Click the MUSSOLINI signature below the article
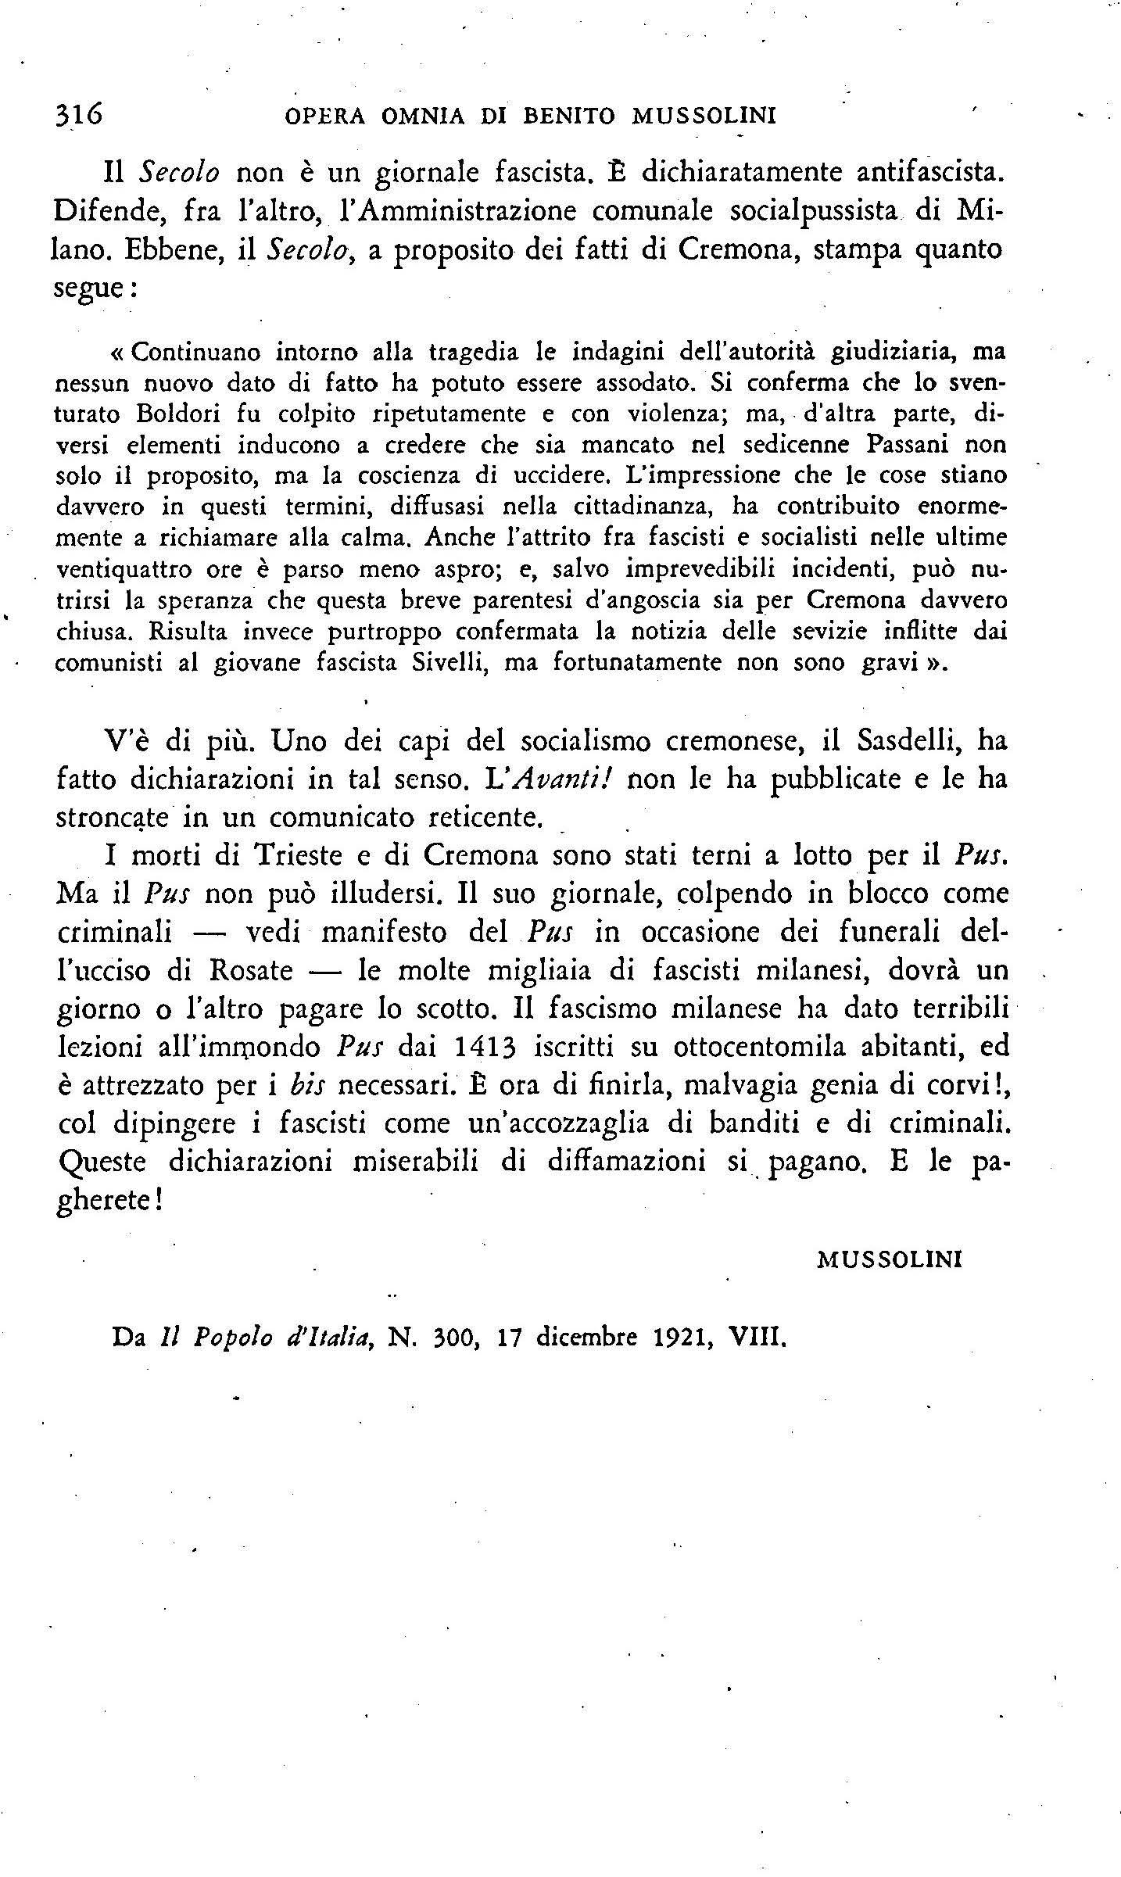[889, 1259]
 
